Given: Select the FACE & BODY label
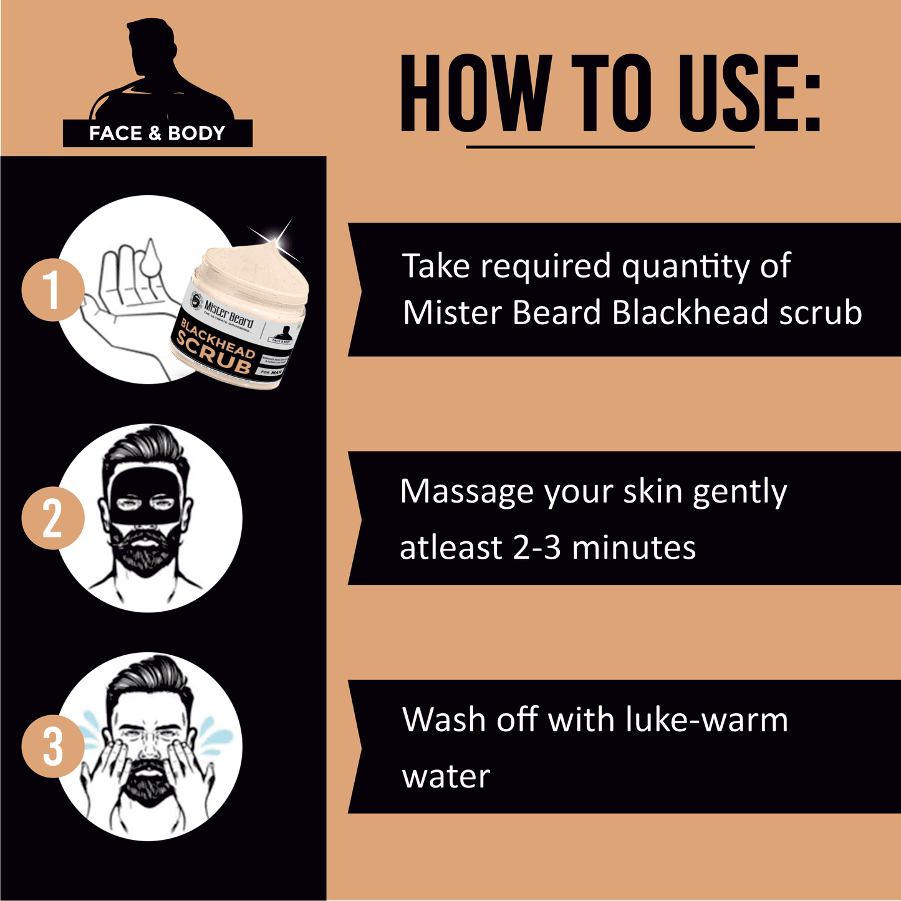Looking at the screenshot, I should click(x=157, y=133).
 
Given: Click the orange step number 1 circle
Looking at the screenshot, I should click(x=52, y=290).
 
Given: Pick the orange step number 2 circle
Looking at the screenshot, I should click(x=52, y=518).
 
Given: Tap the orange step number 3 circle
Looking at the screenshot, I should click(x=52, y=746).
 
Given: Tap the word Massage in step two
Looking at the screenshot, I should click(x=466, y=492).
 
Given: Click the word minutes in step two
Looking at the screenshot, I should click(x=634, y=548).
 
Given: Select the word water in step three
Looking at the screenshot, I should click(x=446, y=776).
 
